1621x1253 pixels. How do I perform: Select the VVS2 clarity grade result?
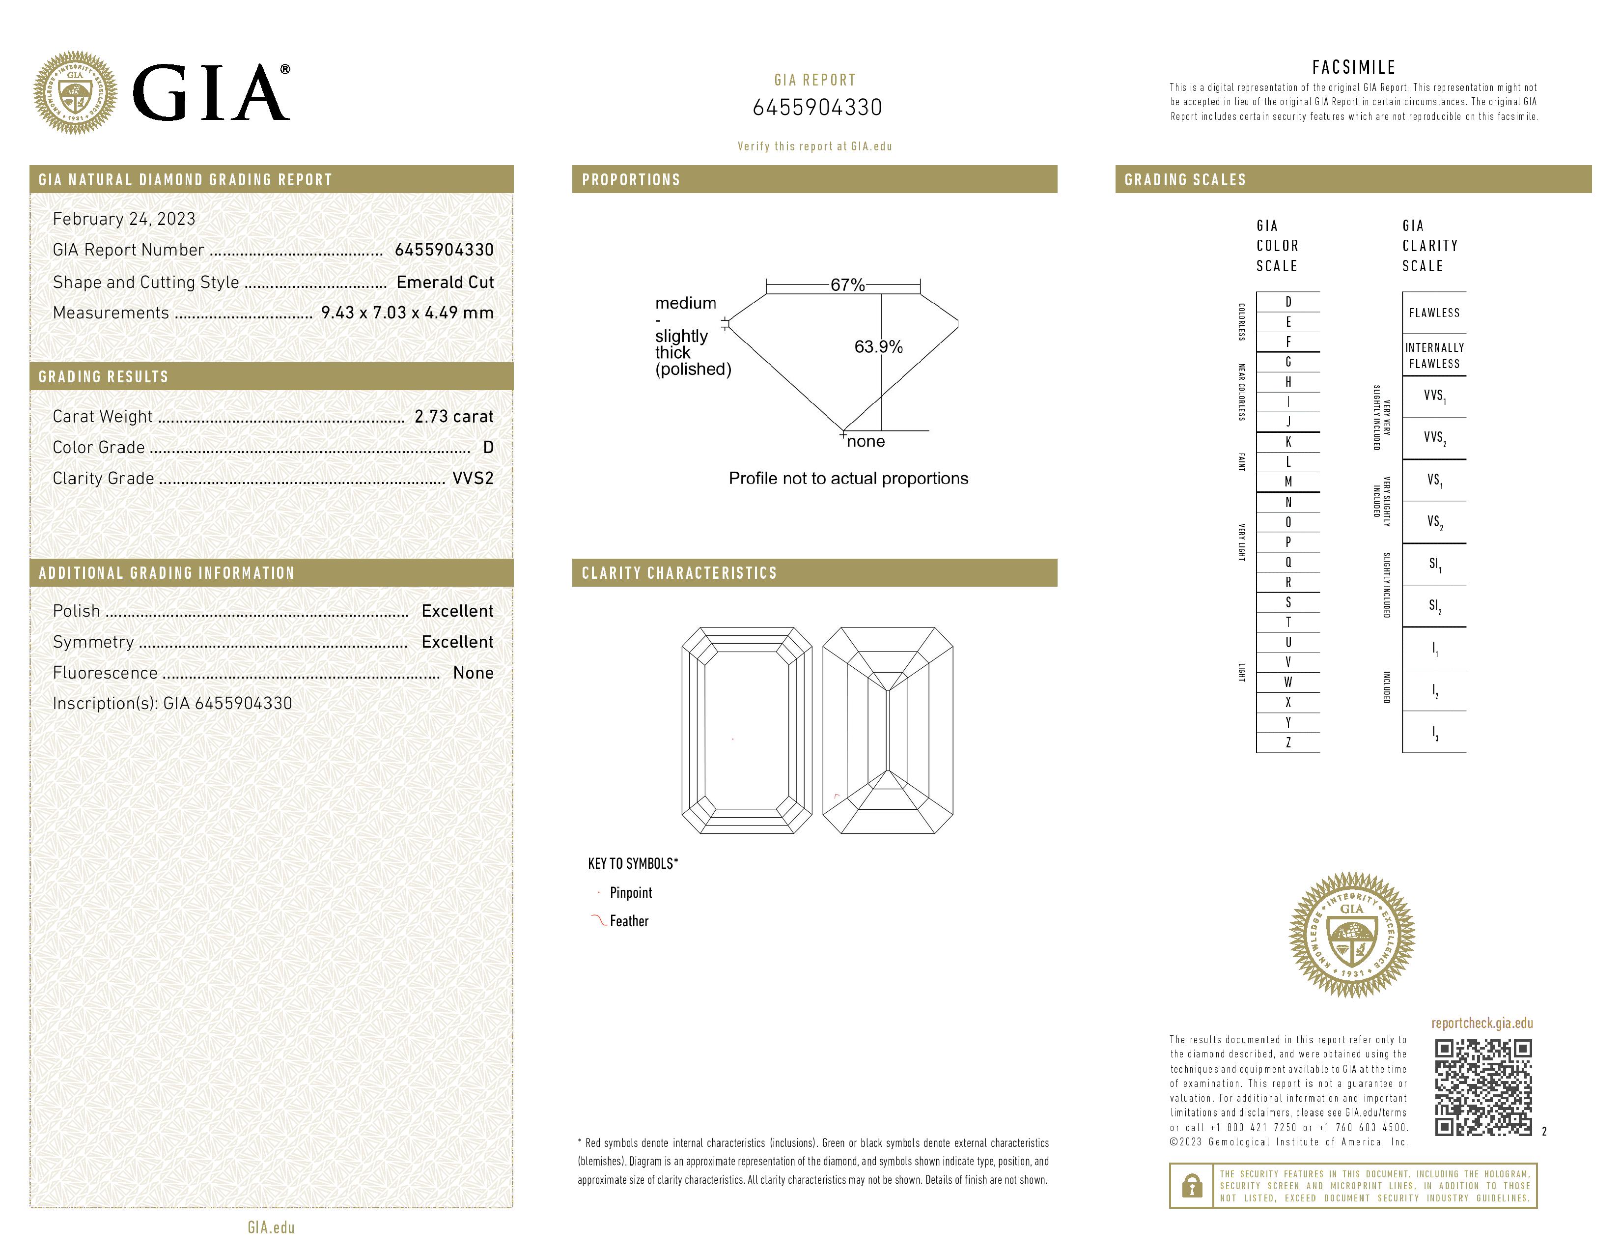click(473, 479)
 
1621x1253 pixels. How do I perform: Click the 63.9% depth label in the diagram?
click(878, 346)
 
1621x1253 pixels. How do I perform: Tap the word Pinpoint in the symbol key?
click(630, 893)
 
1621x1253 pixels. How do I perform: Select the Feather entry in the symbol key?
click(629, 921)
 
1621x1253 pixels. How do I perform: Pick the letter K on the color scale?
click(1288, 442)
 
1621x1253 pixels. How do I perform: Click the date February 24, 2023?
click(124, 219)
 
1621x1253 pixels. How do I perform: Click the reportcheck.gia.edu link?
click(1481, 1023)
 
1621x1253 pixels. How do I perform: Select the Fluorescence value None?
click(473, 673)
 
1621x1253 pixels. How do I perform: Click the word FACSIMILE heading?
click(1353, 67)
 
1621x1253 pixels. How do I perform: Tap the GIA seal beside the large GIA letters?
click(75, 93)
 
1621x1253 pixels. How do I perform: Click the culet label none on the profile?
click(866, 442)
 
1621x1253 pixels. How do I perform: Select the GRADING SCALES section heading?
click(1185, 180)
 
